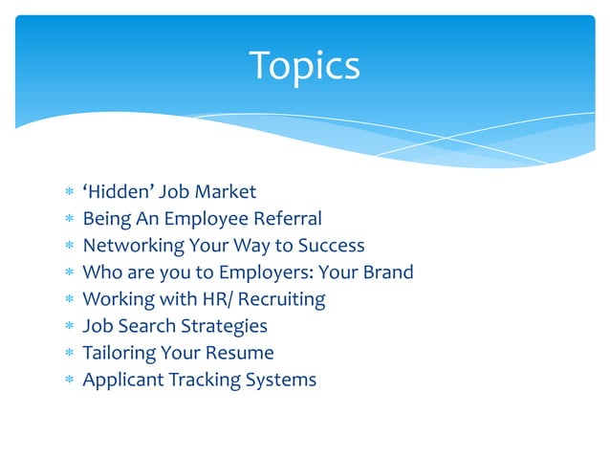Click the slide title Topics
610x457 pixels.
coord(304,66)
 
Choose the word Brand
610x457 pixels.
coord(387,272)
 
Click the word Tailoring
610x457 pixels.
coord(120,353)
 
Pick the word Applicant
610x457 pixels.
coord(123,380)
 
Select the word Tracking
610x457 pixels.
coord(205,380)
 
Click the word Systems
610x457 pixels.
coord(281,380)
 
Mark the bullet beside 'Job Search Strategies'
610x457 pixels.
coord(67,327)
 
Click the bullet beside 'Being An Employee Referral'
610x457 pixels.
coord(67,219)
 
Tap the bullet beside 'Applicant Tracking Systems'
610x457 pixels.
coord(67,381)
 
